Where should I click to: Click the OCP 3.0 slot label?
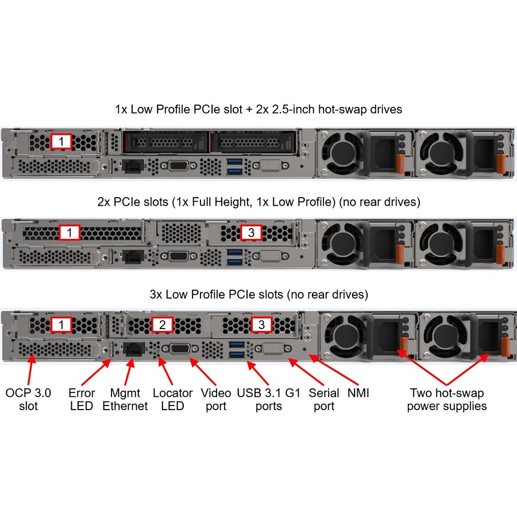tap(28, 399)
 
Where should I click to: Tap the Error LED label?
tap(82, 399)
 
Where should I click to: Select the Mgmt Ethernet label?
tap(125, 399)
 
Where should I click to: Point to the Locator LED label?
tap(172, 399)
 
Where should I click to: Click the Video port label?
tap(216, 399)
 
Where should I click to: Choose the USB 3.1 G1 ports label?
tap(268, 399)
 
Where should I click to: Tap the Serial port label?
tap(324, 399)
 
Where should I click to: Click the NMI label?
tap(358, 393)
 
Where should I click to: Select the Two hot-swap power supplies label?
tap(447, 399)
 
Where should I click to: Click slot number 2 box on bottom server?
tap(162, 325)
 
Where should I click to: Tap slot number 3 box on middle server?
tap(251, 233)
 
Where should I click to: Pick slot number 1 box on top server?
tap(61, 141)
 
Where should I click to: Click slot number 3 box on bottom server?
tap(261, 325)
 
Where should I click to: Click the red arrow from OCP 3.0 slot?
tap(30, 369)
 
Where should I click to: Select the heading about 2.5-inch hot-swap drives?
tap(258, 109)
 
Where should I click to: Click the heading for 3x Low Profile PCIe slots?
tap(259, 294)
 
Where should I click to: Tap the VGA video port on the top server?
tap(179, 165)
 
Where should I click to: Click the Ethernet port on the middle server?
tap(133, 257)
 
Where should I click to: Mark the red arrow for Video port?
tap(203, 372)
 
